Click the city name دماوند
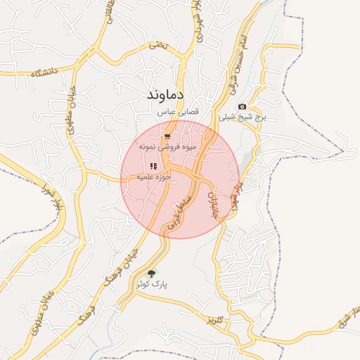[x=166, y=94]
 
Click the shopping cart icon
[x=167, y=136]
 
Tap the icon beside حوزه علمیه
[x=153, y=166]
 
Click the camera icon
[x=243, y=106]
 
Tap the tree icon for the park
[x=152, y=274]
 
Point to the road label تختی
[x=159, y=45]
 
